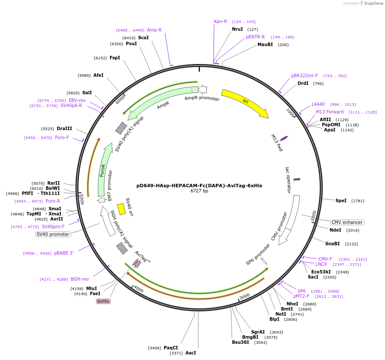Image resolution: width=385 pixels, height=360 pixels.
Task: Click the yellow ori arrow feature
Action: point(245,102)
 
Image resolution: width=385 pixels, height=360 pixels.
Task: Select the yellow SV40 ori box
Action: point(121,209)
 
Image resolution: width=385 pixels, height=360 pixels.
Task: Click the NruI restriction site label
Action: point(237,29)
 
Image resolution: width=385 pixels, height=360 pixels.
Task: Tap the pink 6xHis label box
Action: point(103,301)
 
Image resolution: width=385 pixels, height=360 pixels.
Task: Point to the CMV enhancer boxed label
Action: point(347,222)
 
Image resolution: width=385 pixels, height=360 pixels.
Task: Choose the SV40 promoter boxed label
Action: point(53,234)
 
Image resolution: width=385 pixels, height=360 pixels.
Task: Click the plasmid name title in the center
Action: point(199,186)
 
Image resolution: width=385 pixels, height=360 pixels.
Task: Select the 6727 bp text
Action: point(199,191)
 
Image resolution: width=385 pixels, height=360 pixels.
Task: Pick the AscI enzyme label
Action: point(191,353)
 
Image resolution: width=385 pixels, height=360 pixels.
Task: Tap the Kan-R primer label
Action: point(220,21)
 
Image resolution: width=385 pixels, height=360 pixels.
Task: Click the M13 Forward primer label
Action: point(330,112)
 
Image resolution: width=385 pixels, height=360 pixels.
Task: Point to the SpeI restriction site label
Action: point(341,200)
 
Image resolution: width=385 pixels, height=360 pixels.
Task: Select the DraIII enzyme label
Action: point(64,128)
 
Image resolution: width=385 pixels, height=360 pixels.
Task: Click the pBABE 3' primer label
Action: point(64,253)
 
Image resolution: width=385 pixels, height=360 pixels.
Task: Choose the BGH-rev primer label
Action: point(80,279)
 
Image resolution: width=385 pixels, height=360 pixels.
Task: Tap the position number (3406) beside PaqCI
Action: point(154,348)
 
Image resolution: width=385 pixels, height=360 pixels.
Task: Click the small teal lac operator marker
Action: point(297,179)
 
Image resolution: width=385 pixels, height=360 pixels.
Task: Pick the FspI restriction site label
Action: point(115,58)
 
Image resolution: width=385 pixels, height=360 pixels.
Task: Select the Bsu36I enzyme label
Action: point(240,342)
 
